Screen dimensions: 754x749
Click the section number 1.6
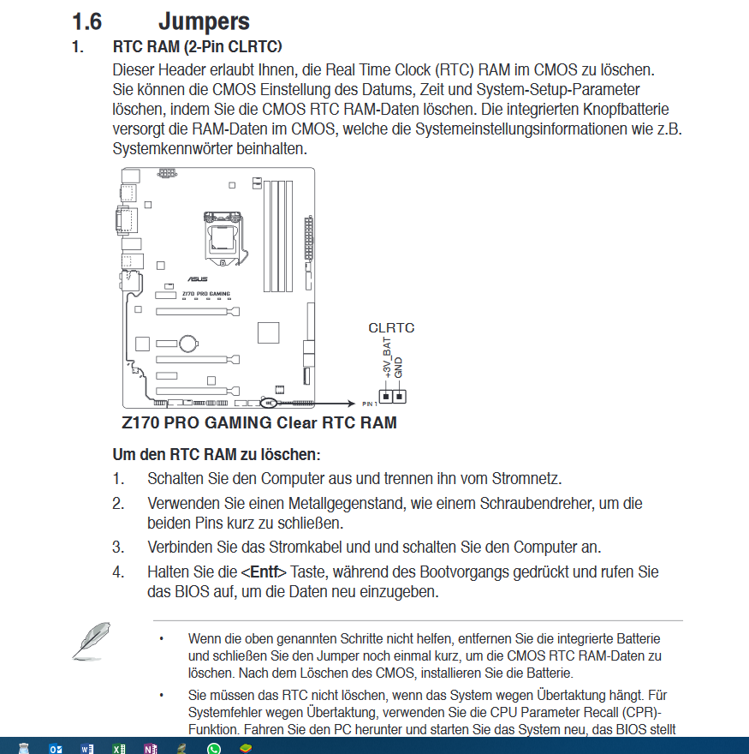pos(87,21)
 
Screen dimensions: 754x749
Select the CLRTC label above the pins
pos(391,327)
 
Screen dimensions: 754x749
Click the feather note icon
pos(90,641)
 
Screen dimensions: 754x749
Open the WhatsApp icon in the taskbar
pos(214,748)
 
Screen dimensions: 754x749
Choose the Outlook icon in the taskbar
pos(55,748)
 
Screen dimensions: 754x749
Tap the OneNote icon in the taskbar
pos(151,748)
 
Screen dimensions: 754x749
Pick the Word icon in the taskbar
pos(86,748)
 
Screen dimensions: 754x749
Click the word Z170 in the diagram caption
pos(140,422)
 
